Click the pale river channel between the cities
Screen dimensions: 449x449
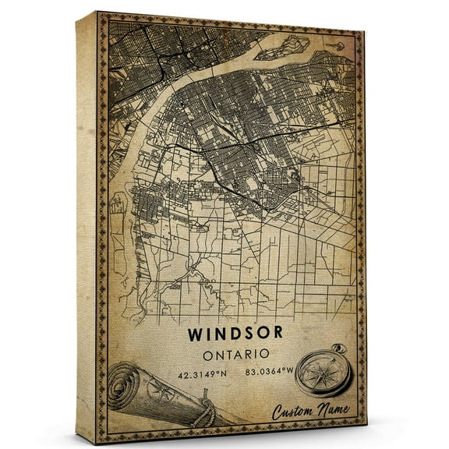(175, 90)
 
